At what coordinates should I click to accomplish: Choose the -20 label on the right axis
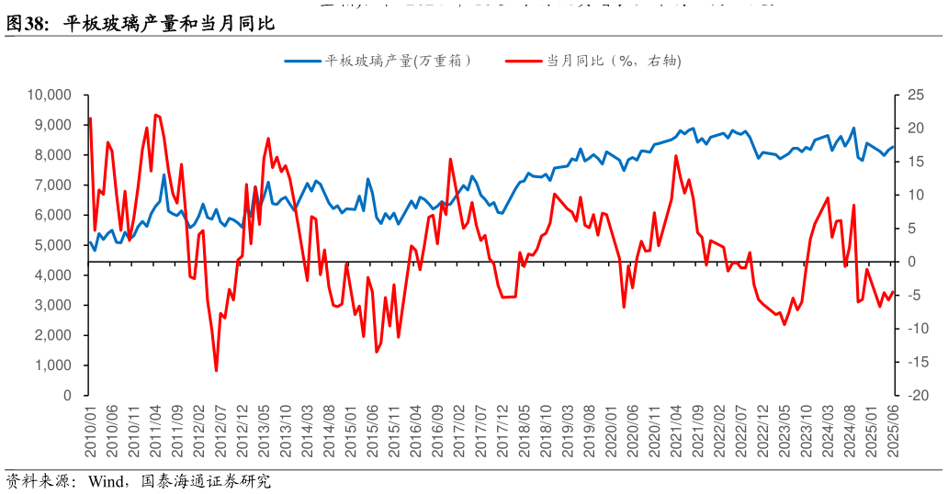click(913, 395)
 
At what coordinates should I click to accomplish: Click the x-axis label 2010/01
click(91, 431)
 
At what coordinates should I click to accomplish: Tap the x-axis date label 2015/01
click(349, 431)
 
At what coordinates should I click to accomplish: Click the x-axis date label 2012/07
click(220, 431)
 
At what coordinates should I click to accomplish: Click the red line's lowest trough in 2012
click(217, 371)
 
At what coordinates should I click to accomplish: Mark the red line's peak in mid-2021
click(676, 155)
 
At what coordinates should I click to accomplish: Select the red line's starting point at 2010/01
click(89, 118)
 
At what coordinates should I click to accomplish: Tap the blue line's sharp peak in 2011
click(164, 174)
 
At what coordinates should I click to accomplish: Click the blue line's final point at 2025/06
click(893, 146)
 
